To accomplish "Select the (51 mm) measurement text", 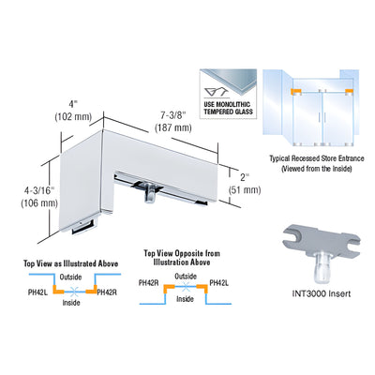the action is pos(245,189).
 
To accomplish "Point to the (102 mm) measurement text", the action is pos(73,117).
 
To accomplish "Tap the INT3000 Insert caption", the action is pos(322,293).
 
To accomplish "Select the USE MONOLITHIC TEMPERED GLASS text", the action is pos(228,108).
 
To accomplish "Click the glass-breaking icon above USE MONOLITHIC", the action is pos(217,93).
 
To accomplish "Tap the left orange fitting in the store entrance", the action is pos(295,92).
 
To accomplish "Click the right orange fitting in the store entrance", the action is pos(350,92).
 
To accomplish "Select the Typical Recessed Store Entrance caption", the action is pos(317,163).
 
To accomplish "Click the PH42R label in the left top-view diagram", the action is pos(107,292).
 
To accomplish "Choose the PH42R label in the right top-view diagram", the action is pos(149,283).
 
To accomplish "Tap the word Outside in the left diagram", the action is pos(70,277).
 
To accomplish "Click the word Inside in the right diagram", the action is pos(185,299).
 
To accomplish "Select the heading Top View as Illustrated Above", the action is pos(71,263).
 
